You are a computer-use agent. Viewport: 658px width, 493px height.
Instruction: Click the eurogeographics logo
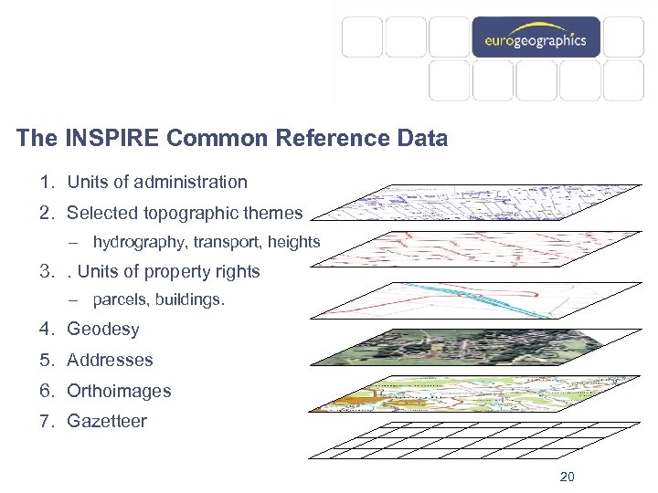click(536, 39)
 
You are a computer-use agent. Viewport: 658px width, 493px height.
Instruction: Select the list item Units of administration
click(156, 182)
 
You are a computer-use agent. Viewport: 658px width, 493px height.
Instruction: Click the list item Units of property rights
click(168, 271)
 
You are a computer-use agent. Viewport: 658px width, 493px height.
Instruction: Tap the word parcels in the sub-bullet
click(119, 299)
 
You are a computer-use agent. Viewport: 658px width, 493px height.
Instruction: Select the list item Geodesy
click(103, 329)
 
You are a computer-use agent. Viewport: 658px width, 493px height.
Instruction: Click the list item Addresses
click(110, 360)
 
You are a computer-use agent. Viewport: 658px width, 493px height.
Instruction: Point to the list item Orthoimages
click(119, 391)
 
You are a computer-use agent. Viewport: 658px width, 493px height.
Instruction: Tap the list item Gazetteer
click(106, 422)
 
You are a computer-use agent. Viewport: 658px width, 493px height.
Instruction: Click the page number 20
click(567, 477)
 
